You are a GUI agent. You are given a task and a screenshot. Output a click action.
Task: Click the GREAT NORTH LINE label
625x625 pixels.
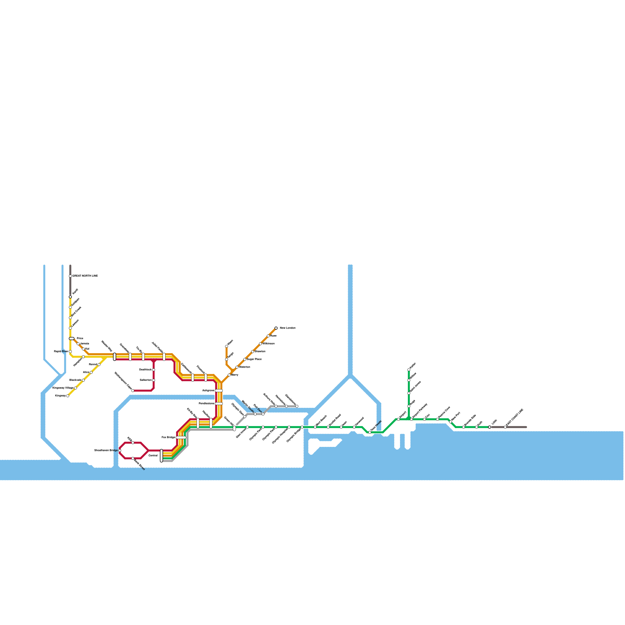pyautogui.click(x=85, y=276)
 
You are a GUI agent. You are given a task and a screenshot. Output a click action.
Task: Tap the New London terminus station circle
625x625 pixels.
pyautogui.click(x=276, y=328)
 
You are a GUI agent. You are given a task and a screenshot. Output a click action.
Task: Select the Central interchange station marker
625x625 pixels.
pyautogui.click(x=161, y=455)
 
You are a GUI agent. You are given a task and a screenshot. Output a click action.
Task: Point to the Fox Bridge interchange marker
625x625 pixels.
pyautogui.click(x=181, y=437)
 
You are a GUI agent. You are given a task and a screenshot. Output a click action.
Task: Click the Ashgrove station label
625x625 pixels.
pyautogui.click(x=208, y=391)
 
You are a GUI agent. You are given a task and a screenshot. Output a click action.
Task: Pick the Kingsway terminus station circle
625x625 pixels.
pyautogui.click(x=68, y=396)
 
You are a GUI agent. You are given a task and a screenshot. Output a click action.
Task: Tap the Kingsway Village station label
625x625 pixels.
pyautogui.click(x=62, y=388)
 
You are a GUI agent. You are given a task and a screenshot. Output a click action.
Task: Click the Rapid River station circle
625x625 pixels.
pyautogui.click(x=70, y=352)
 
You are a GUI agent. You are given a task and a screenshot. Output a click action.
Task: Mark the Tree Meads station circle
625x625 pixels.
pyautogui.click(x=370, y=432)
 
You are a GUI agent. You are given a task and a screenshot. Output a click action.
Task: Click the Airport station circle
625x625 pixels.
pyautogui.click(x=398, y=419)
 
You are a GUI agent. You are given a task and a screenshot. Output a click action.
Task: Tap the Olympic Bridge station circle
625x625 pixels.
pyautogui.click(x=302, y=427)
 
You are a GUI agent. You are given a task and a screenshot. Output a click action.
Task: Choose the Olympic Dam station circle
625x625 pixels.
pyautogui.click(x=245, y=416)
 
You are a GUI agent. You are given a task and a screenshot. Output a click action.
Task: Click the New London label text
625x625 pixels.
pyautogui.click(x=288, y=328)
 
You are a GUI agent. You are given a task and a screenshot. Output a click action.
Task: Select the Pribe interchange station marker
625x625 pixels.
pyautogui.click(x=71, y=339)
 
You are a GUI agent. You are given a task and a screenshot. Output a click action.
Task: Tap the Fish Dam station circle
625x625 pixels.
pyautogui.click(x=263, y=414)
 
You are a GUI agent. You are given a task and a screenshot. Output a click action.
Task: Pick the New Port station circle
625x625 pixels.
pyautogui.click(x=450, y=422)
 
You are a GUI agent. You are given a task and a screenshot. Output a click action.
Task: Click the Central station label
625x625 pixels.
pyautogui.click(x=153, y=456)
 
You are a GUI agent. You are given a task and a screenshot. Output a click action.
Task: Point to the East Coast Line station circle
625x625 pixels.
pyautogui.click(x=505, y=427)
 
